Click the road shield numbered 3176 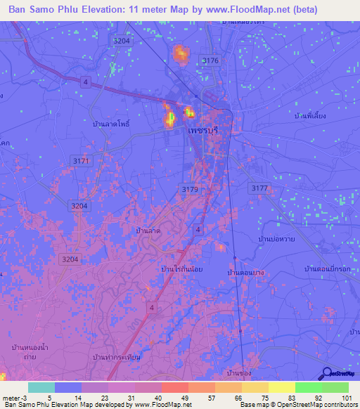pyautogui.click(x=210, y=61)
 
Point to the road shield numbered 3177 pyautogui.click(x=259, y=188)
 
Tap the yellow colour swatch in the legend pyautogui.click(x=281, y=387)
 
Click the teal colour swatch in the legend pyautogui.click(x=41, y=387)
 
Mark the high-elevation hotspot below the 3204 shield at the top pyautogui.click(x=181, y=53)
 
